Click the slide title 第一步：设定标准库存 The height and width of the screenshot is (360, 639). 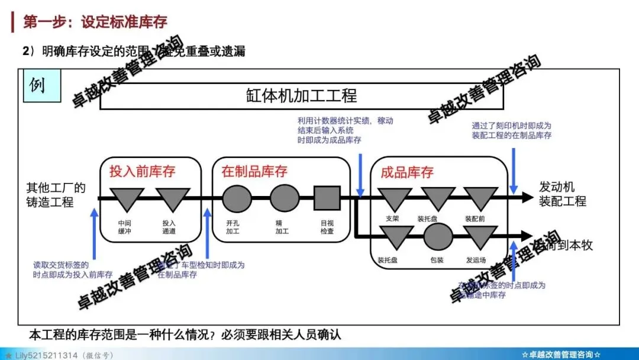pos(95,22)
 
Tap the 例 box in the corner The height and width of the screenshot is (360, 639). pos(37,85)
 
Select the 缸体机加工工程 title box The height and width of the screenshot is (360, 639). pos(301,95)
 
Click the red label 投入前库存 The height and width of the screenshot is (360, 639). pos(142,172)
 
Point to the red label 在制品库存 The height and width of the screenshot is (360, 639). pos(254,172)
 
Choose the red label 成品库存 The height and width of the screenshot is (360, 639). pos(407,172)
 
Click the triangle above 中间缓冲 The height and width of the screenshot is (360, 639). pos(127,198)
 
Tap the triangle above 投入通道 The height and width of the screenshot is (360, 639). pos(173,198)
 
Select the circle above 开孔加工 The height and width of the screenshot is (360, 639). pos(237,198)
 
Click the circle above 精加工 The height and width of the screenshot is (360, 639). pos(285,198)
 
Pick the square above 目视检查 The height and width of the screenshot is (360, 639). pos(327,198)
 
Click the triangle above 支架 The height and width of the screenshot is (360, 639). pos(395,198)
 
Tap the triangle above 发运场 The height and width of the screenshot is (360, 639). pos(480,236)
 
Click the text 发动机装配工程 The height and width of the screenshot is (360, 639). pos(562,194)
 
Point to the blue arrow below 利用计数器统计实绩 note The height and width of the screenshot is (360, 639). pos(360,172)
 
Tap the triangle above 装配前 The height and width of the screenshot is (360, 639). pos(480,198)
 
